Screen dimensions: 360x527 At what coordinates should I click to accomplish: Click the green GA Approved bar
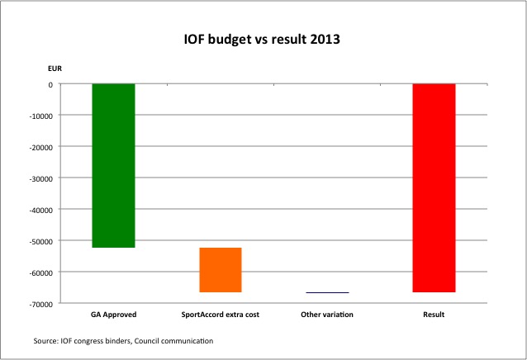click(x=113, y=165)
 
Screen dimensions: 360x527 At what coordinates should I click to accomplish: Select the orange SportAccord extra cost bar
click(x=220, y=270)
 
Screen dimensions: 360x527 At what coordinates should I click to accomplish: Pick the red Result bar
click(x=434, y=188)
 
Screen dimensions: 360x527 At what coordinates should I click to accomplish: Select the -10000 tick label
click(x=40, y=116)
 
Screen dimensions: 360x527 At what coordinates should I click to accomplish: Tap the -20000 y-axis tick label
click(x=40, y=147)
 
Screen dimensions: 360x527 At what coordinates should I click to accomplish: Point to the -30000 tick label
click(x=40, y=178)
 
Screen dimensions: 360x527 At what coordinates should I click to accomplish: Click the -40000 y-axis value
click(x=40, y=210)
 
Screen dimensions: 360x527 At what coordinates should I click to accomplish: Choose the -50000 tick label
click(x=40, y=241)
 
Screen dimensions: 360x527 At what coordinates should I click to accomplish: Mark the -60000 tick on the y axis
click(x=40, y=272)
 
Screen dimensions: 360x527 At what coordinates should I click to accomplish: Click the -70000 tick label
click(x=40, y=304)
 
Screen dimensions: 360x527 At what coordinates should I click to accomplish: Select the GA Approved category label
click(x=113, y=315)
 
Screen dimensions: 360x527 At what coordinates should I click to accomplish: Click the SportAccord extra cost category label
click(x=220, y=315)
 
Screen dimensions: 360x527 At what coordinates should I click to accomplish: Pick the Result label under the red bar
click(x=434, y=315)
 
